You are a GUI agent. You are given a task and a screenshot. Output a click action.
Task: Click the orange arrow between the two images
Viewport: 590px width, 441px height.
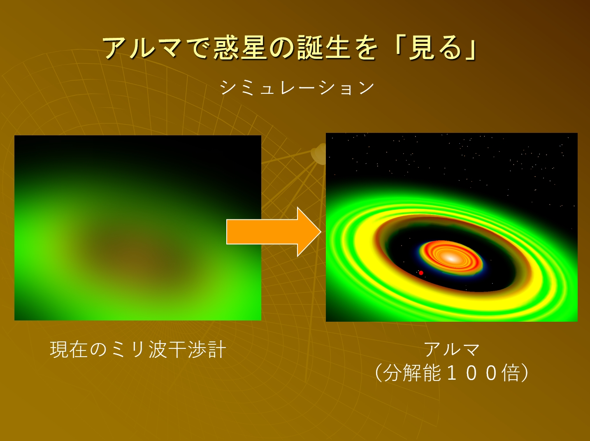(274, 232)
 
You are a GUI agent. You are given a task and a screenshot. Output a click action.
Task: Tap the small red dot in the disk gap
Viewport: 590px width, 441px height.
(421, 273)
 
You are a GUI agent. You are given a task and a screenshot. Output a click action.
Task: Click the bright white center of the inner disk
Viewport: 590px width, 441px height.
(451, 258)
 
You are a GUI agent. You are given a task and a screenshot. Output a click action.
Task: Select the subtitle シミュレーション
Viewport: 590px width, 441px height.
(297, 88)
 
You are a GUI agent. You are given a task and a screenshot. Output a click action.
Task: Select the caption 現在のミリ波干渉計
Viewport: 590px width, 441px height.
(138, 350)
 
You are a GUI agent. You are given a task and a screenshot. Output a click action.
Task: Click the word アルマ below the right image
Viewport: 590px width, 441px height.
(452, 350)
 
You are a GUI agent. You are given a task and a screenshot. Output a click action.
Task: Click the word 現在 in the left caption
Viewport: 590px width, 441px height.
(69, 350)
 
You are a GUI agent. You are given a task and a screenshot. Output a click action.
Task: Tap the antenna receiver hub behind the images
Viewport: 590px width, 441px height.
(319, 153)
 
